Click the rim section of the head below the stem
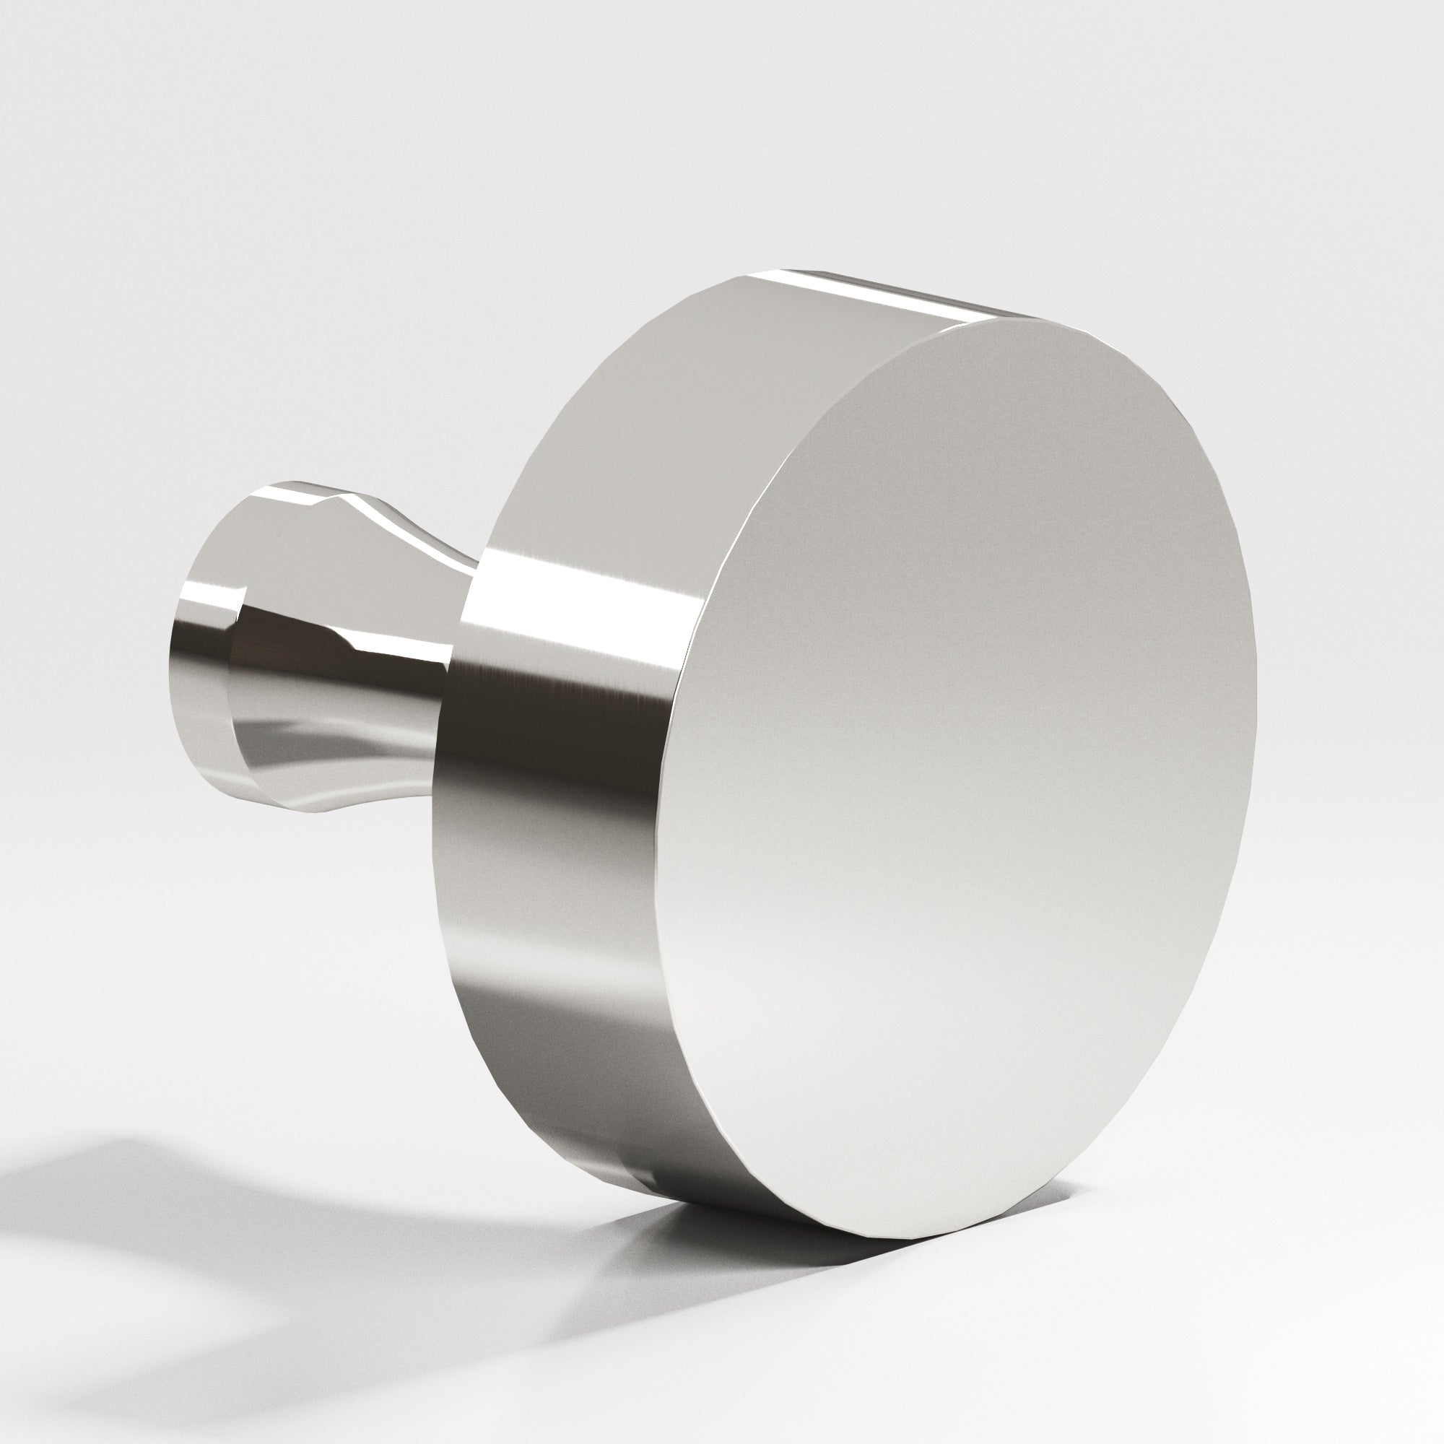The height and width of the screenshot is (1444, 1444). (x=523, y=972)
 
